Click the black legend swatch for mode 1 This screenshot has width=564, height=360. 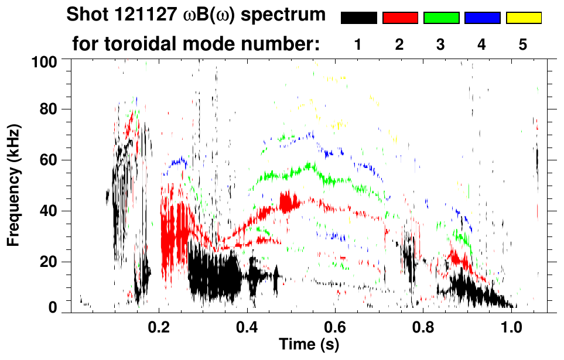coord(359,18)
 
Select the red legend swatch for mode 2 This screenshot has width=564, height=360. coord(400,18)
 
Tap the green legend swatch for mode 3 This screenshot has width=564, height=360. coord(441,18)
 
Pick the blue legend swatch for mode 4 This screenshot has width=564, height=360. coord(482,18)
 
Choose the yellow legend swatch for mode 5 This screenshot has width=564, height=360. coord(524,18)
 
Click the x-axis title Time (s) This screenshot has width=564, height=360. coord(308,344)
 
